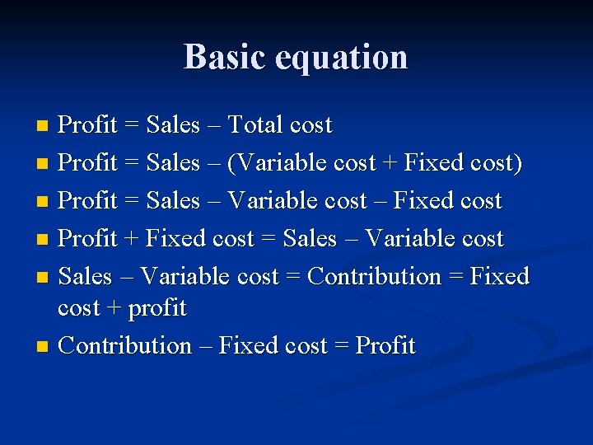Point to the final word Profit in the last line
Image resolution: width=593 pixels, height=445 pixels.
click(x=385, y=345)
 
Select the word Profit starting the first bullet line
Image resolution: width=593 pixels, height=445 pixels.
click(x=87, y=125)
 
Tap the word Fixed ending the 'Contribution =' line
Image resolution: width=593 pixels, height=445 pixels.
click(x=499, y=276)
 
